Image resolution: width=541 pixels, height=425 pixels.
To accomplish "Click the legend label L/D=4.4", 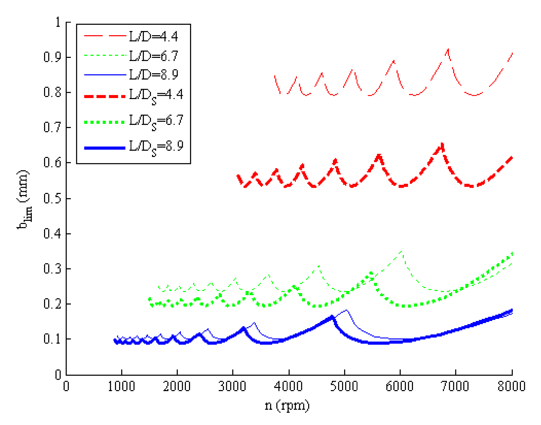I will pos(154,37).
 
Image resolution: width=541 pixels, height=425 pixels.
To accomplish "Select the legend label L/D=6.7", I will pos(154,56).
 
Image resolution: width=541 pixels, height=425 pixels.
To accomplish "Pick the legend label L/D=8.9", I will pos(154,75).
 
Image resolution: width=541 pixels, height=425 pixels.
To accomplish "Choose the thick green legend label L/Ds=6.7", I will pos(156,122).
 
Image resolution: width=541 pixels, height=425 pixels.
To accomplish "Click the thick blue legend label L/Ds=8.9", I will pos(156,147).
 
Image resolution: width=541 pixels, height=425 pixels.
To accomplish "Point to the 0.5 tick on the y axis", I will pos(52,198).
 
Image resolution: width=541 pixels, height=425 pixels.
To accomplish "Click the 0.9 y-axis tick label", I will pos(52,57).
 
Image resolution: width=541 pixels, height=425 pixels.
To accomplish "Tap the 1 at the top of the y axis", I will pos(58,22).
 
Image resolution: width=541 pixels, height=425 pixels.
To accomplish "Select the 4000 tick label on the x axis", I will pos(288,386).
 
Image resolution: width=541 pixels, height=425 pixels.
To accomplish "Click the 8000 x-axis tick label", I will pos(511,386).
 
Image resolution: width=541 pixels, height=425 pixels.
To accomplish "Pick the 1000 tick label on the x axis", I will pos(121,386).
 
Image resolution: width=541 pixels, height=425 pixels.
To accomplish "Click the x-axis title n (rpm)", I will pos(287,405).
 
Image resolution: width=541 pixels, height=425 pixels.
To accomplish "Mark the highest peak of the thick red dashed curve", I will pos(442,144).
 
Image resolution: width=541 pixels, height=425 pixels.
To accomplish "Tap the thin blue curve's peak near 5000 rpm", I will pos(346,310).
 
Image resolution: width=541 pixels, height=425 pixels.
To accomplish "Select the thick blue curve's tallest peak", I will pos(332,317).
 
